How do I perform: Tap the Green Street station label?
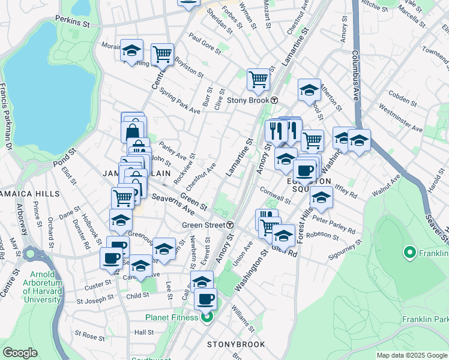click(x=203, y=225)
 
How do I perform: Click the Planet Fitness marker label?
click(x=172, y=317)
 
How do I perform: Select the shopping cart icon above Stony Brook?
click(x=258, y=79)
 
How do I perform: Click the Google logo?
click(x=20, y=353)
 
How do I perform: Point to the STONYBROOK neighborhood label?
click(x=236, y=344)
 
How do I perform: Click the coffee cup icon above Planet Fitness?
click(x=206, y=298)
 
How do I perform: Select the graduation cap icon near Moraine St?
click(x=131, y=52)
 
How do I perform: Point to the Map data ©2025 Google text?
click(x=411, y=355)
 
